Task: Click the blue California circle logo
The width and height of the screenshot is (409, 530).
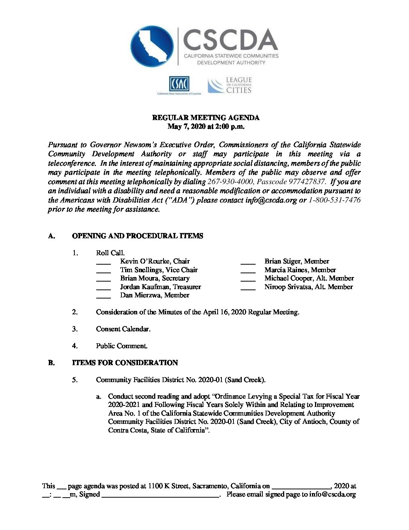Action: (x=152, y=47)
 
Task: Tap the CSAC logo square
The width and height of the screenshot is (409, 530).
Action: (x=179, y=84)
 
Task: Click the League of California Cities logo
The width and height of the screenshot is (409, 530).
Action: (x=230, y=85)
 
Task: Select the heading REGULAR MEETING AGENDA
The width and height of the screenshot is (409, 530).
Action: (x=206, y=117)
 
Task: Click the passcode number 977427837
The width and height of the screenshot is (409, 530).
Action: (x=306, y=181)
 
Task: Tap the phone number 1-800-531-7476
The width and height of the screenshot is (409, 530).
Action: (x=334, y=200)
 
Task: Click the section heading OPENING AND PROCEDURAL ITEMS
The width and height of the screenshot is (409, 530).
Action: (x=137, y=236)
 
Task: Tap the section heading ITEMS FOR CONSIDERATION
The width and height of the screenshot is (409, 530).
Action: (x=125, y=363)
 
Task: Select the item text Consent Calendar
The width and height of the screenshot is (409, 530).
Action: (x=123, y=329)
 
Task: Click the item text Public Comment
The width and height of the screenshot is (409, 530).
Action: (x=121, y=346)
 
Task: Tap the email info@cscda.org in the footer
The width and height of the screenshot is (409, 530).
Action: (x=332, y=495)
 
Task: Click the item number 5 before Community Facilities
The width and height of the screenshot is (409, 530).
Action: (x=75, y=380)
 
